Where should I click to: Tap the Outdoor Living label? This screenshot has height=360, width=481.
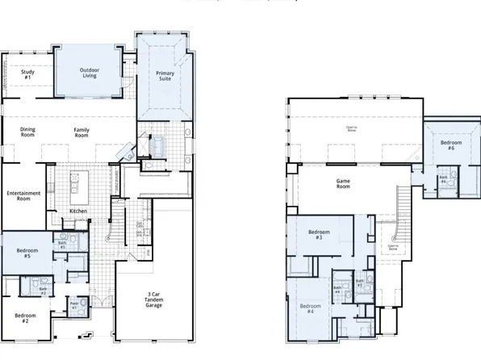click(x=90, y=73)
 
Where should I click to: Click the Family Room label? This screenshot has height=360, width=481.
click(x=82, y=133)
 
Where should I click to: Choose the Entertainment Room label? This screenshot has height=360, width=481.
click(x=24, y=196)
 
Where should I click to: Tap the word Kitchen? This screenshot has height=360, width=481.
click(x=78, y=211)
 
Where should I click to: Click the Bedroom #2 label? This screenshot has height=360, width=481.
click(x=25, y=318)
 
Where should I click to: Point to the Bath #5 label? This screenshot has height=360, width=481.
click(x=62, y=245)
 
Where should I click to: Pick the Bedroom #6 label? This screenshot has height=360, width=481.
click(x=451, y=146)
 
